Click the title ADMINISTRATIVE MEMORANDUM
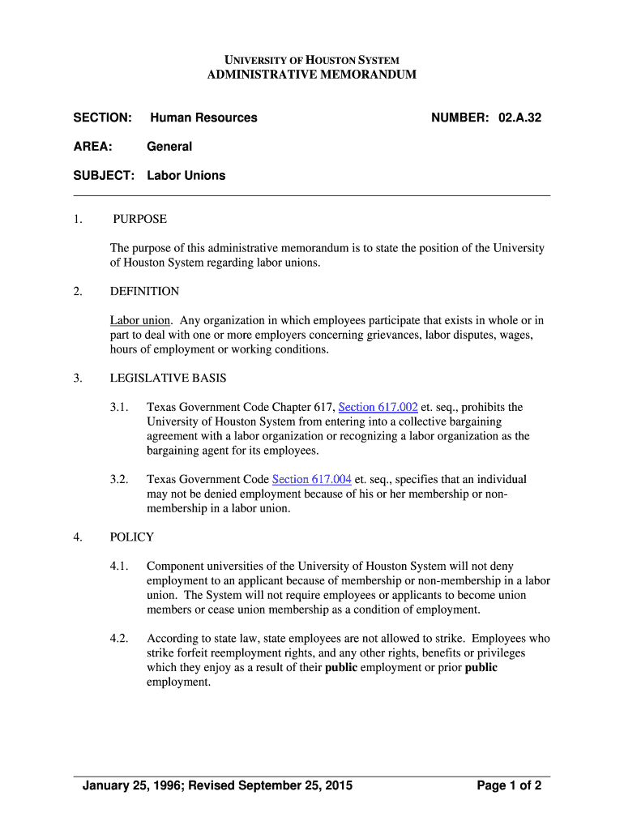(x=312, y=75)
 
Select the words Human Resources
(x=203, y=118)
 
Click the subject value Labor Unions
(x=186, y=175)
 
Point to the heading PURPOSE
(x=139, y=219)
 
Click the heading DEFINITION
(x=144, y=291)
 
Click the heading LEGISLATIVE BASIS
(x=168, y=378)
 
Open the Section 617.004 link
(x=312, y=479)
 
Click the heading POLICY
(x=131, y=537)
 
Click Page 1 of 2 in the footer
(x=509, y=785)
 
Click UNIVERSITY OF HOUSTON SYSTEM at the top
(x=312, y=60)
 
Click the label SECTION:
(x=102, y=118)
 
